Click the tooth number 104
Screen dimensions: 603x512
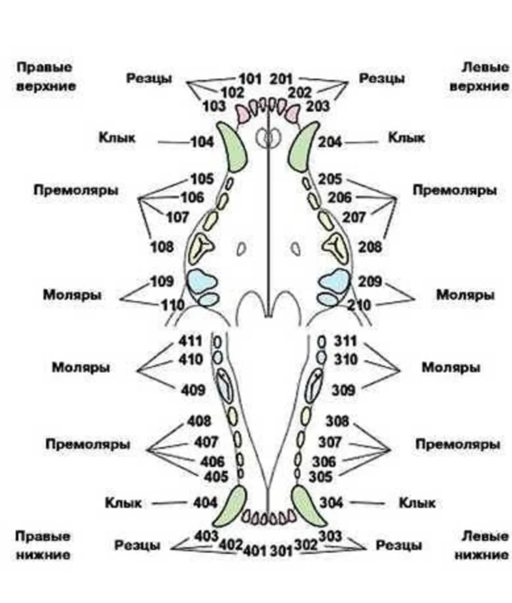point(202,142)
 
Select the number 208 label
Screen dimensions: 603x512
point(369,247)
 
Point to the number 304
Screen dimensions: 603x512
point(332,502)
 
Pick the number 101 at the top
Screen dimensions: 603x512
point(249,79)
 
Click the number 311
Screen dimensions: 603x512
point(345,342)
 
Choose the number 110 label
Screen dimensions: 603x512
point(172,305)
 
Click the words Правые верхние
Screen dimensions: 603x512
point(45,76)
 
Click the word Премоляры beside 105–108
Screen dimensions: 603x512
point(76,190)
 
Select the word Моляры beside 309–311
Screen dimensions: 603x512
point(451,367)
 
